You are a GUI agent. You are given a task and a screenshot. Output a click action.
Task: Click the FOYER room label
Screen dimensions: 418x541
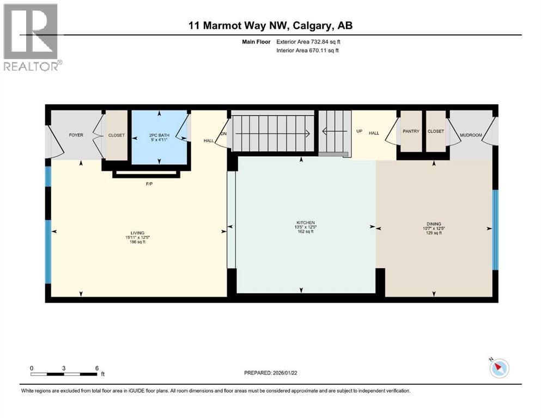tap(76, 135)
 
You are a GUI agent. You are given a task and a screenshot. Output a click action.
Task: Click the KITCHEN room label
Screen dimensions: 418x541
tap(306, 222)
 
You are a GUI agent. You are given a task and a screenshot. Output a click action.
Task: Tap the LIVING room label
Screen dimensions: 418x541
tap(137, 233)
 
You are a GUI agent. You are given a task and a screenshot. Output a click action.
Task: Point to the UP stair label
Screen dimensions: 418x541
tap(359, 131)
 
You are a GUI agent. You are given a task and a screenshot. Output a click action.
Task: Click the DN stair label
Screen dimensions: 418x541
tap(223, 134)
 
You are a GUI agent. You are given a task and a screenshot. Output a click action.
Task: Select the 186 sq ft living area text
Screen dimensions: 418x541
tap(137, 242)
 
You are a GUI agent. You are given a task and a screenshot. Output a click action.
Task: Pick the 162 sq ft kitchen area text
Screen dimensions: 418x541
tap(306, 232)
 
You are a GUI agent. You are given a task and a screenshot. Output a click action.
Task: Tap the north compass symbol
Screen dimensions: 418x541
tap(499, 368)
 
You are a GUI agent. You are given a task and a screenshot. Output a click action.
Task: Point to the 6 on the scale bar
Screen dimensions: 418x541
tap(96, 368)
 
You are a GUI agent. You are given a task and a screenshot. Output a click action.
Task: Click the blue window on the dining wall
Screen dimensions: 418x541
tap(495, 230)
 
